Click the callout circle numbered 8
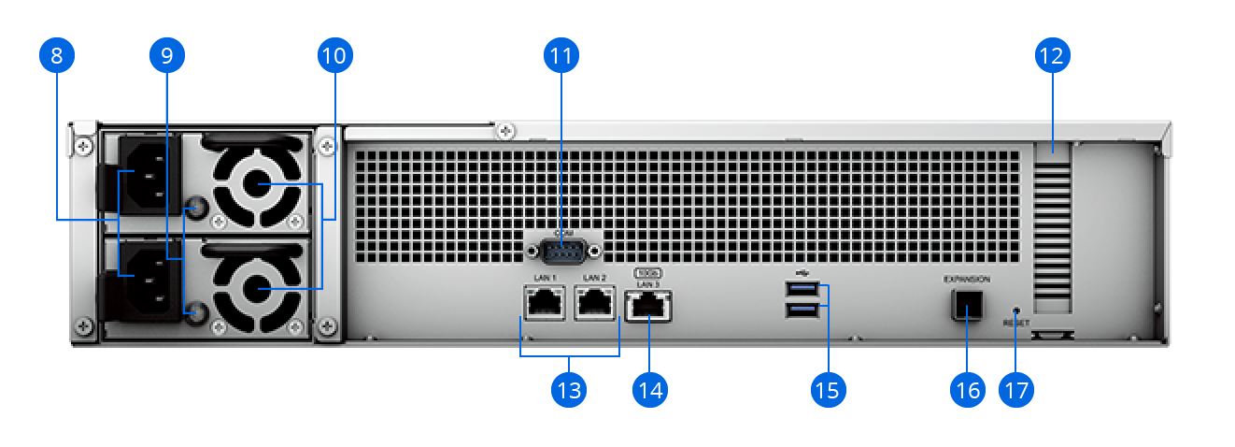pos(57,56)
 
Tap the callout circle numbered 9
pos(167,56)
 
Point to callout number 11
pos(561,56)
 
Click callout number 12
pos(1053,56)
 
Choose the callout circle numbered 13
pos(569,389)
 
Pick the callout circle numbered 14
pos(650,389)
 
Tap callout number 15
pos(828,389)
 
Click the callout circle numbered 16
pos(967,389)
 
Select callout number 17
pos(1017,389)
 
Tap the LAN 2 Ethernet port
pos(595,304)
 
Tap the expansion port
pos(967,304)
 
